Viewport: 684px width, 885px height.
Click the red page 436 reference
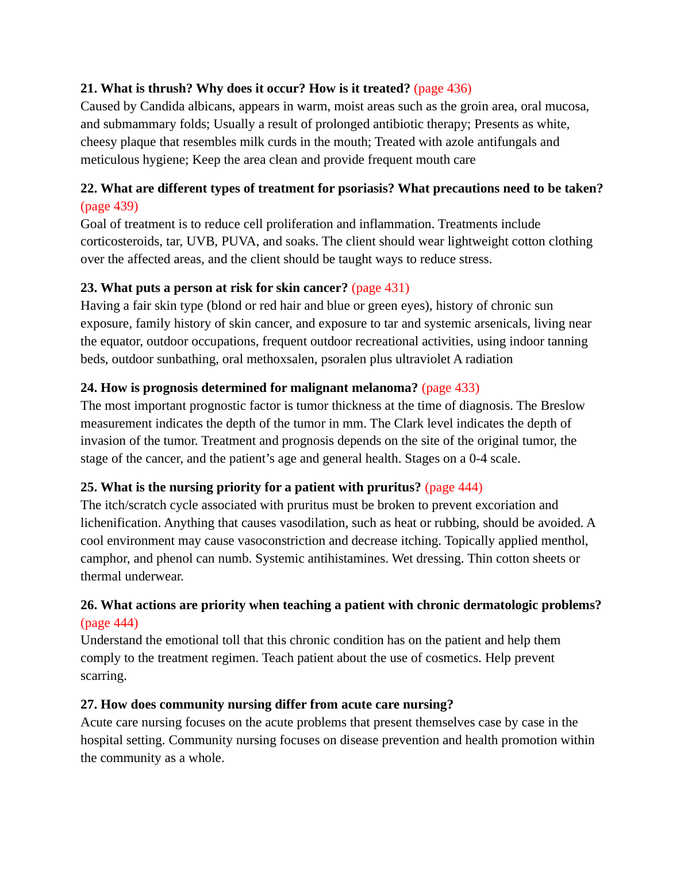442,88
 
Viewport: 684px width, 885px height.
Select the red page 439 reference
109,206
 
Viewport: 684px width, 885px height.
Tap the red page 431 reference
381,288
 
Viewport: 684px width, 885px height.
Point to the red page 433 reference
450,388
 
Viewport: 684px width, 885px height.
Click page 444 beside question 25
454,487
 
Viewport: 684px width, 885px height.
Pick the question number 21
89,88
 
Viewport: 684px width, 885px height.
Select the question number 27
89,705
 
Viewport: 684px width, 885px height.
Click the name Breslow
562,406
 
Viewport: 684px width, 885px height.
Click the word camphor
102,559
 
